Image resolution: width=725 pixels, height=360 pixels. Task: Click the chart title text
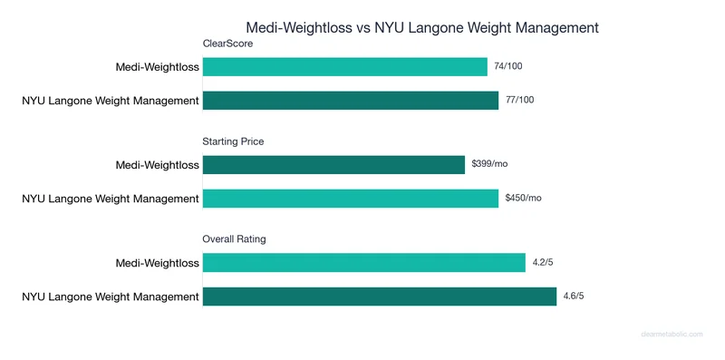(422, 27)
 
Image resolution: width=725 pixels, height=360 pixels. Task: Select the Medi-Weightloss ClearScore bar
(345, 67)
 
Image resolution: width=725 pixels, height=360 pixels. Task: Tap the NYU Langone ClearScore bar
(351, 100)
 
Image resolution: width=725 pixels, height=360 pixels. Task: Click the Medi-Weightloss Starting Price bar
(333, 165)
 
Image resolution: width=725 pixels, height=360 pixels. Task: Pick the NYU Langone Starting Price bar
(351, 198)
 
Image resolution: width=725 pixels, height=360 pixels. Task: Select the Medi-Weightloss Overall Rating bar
(364, 263)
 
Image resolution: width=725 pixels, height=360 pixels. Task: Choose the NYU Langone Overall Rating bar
(380, 296)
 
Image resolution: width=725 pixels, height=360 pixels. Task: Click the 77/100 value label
(520, 100)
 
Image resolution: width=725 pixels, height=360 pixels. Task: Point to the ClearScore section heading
(227, 44)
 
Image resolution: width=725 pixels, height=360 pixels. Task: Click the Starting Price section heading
(234, 141)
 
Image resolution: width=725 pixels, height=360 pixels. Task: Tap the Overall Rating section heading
(234, 239)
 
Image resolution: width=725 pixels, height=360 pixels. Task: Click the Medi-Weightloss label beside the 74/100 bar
(157, 67)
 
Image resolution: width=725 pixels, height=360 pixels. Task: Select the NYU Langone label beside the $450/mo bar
(111, 198)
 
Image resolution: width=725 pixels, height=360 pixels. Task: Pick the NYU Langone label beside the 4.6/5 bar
(111, 296)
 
